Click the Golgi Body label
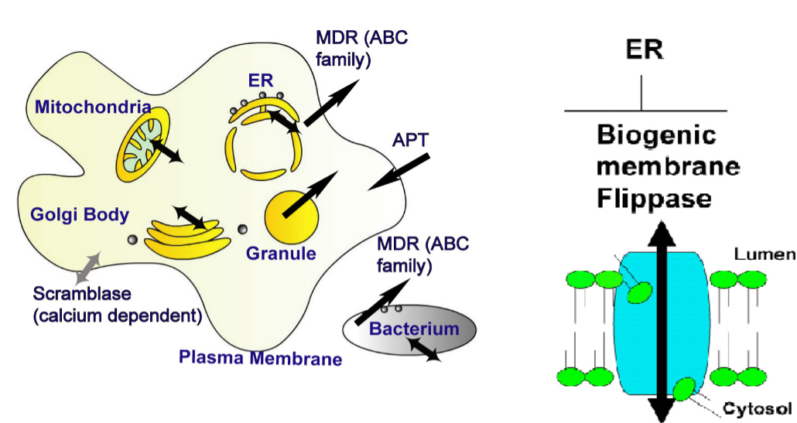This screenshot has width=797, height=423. tap(79, 214)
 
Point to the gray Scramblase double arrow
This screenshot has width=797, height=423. tap(87, 266)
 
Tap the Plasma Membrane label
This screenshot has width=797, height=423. tap(260, 357)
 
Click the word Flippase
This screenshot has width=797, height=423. tap(654, 199)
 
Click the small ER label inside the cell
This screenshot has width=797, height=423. tap(260, 81)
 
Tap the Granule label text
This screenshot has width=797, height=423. tap(281, 253)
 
